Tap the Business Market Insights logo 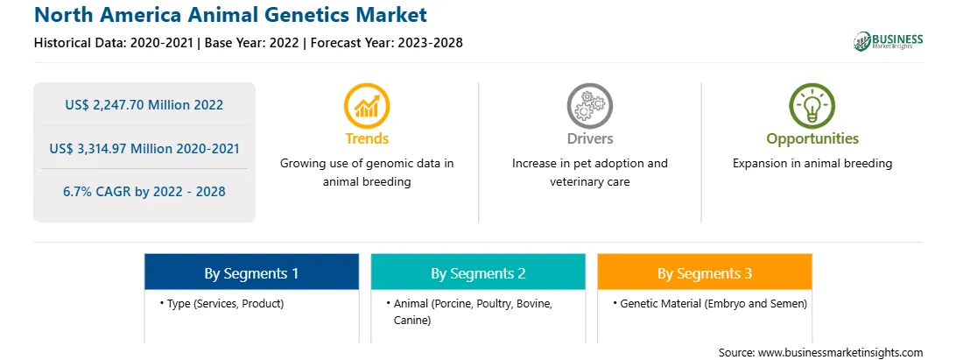point(889,41)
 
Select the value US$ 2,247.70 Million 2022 point(144,105)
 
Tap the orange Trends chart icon point(367,106)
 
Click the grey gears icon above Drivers point(589,106)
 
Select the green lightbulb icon point(812,106)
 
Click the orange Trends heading point(367,138)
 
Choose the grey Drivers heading point(589,138)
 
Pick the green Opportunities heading point(812,139)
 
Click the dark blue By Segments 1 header point(252,272)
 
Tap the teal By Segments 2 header point(478,272)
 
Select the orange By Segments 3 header point(705,272)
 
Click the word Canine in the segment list point(412,320)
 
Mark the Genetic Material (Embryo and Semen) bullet point(710,303)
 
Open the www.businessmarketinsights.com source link point(840,353)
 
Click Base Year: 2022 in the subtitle point(252,43)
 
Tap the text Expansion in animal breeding point(812,164)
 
